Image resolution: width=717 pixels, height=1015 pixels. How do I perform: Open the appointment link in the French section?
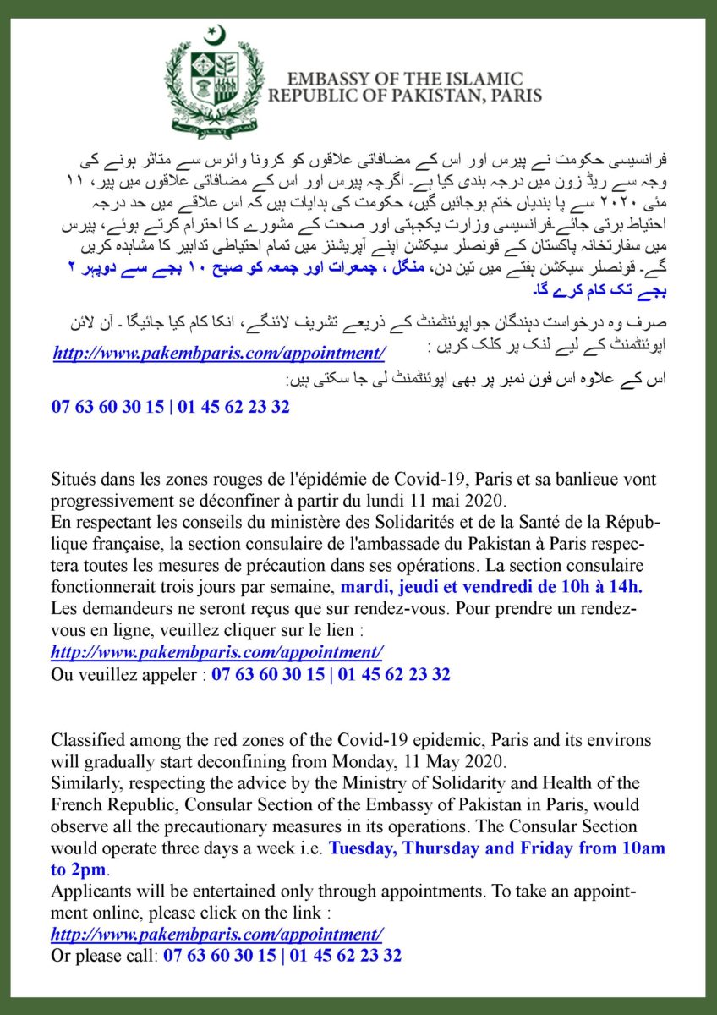(x=217, y=652)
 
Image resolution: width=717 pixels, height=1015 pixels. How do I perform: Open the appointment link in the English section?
(x=217, y=934)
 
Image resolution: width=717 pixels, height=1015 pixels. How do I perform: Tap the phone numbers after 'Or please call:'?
(x=282, y=956)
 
